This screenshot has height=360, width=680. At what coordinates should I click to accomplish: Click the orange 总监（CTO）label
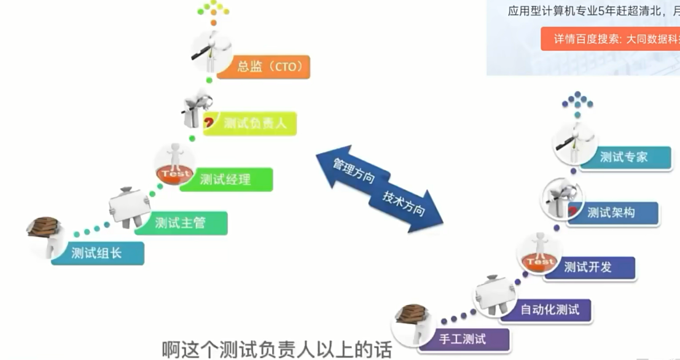click(x=270, y=66)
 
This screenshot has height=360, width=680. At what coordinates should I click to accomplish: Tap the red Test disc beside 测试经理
click(x=175, y=173)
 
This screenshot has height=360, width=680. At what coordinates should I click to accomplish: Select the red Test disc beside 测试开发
click(x=539, y=262)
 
